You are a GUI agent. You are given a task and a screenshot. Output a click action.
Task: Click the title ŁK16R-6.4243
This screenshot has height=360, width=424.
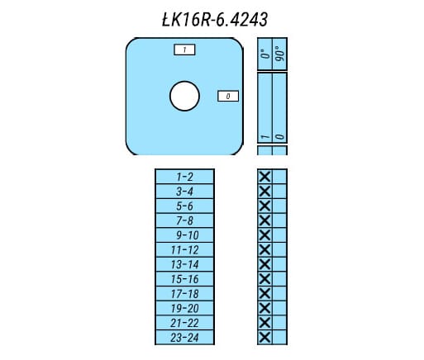point(215,20)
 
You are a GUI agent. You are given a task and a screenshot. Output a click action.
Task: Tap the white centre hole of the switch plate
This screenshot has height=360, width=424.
point(184,96)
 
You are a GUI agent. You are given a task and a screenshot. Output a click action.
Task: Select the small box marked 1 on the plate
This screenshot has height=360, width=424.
point(184,50)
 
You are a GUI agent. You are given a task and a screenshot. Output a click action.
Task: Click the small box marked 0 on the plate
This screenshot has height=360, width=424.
point(228,97)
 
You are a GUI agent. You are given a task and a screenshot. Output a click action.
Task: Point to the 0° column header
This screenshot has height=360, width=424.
point(265,54)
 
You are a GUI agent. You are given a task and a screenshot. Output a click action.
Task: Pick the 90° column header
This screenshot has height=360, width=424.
point(280,54)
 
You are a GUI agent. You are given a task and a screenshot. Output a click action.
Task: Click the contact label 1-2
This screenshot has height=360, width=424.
point(184,177)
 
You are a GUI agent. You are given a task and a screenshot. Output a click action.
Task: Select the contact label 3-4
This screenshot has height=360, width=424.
point(184,192)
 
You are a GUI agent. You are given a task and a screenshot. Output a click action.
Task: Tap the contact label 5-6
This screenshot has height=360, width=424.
point(184,206)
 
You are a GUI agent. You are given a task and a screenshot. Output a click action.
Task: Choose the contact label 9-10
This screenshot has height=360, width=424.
point(188,235)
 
